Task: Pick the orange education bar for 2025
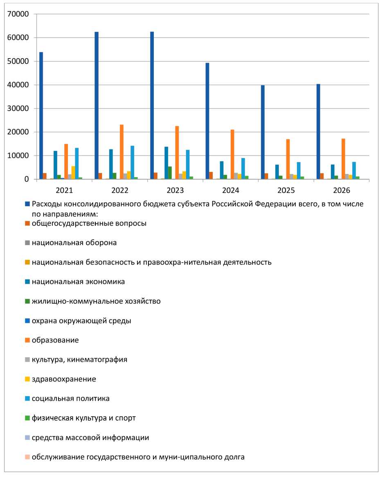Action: coord(288,159)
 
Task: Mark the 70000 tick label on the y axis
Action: coord(18,14)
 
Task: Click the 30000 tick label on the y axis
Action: coord(18,108)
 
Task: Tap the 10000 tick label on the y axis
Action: coord(18,156)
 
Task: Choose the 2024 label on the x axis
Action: coord(231,190)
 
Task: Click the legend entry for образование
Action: coord(55,340)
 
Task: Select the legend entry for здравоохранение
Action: coord(64,379)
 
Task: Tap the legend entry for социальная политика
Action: coord(71,399)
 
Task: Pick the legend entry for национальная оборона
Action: coord(74,243)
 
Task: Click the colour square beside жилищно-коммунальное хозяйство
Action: coord(28,302)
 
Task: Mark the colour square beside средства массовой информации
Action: coord(28,438)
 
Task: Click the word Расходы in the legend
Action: coord(45,204)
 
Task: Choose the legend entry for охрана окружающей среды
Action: coord(81,321)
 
